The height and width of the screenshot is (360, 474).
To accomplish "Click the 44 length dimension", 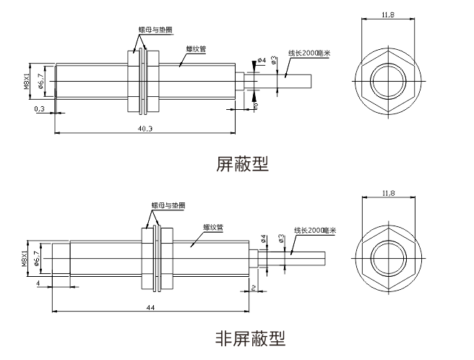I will (150, 307).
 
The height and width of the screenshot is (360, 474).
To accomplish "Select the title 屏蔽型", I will (242, 164).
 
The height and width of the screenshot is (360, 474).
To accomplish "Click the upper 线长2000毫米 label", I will (309, 53).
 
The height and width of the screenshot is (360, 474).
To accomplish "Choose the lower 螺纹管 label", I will (212, 228).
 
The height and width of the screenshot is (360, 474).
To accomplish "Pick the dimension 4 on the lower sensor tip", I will (38, 283).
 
